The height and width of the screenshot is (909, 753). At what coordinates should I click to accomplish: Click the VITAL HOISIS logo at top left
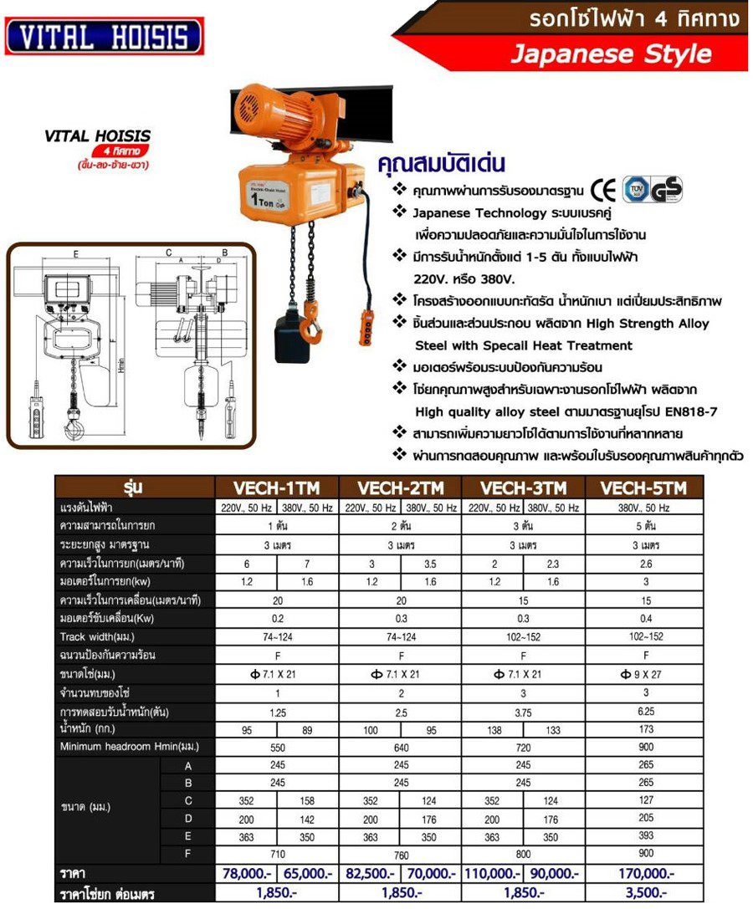tap(104, 38)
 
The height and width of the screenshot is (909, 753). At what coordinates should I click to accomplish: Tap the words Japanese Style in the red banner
tap(611, 54)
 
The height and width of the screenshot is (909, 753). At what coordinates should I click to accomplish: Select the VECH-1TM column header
tap(277, 488)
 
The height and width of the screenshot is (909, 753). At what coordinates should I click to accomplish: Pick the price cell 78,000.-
tap(246, 873)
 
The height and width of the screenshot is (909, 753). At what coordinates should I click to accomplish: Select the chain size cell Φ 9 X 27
tap(645, 674)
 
